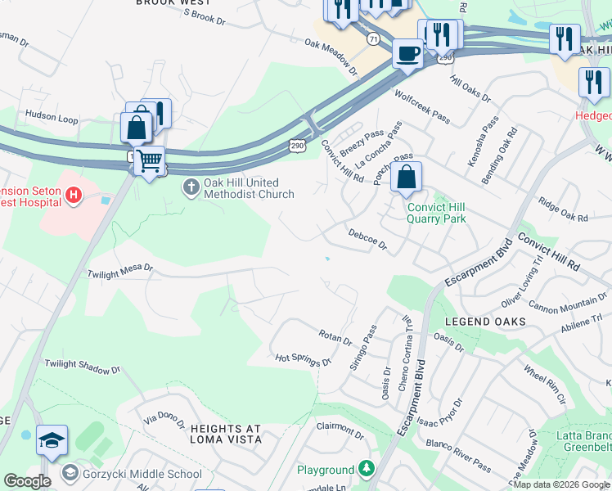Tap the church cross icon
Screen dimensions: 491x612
click(191, 188)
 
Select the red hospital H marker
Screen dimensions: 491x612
click(74, 195)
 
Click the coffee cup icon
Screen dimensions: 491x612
click(407, 53)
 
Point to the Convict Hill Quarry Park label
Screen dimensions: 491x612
click(436, 213)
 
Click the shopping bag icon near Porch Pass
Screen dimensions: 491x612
click(406, 177)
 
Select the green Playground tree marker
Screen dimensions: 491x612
click(367, 469)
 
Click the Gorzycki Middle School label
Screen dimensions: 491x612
click(142, 474)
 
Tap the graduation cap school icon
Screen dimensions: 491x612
click(52, 439)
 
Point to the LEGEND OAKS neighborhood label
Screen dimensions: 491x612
click(485, 322)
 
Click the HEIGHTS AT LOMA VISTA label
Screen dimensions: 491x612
click(225, 434)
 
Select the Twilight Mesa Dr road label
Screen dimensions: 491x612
click(120, 269)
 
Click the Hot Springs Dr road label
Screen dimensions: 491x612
click(303, 359)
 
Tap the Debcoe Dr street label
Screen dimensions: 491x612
click(367, 239)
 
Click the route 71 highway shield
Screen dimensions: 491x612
click(373, 38)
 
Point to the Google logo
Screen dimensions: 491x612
click(27, 481)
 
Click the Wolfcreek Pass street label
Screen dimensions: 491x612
click(422, 106)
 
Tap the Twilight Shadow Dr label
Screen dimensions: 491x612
click(82, 366)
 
